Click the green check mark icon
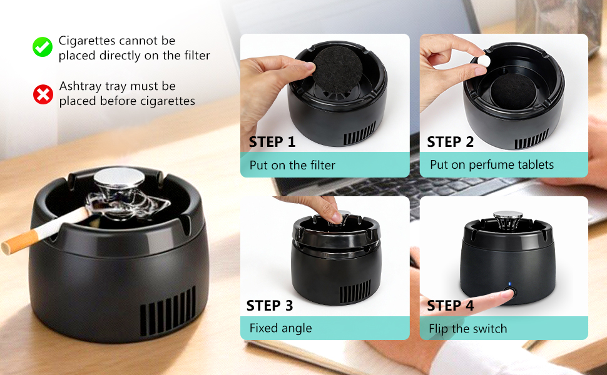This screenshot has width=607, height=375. click(x=43, y=47)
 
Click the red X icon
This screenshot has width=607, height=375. click(x=43, y=94)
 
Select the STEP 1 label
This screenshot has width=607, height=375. click(x=272, y=142)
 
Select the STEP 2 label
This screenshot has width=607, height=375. click(x=451, y=142)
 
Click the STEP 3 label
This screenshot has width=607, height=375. click(x=270, y=306)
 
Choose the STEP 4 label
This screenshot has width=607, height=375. click(x=451, y=306)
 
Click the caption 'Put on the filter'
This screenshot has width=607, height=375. click(x=292, y=166)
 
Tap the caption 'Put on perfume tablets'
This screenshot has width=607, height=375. click(x=492, y=165)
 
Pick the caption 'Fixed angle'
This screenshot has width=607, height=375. click(x=280, y=328)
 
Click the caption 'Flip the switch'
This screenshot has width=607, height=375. click(x=468, y=329)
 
